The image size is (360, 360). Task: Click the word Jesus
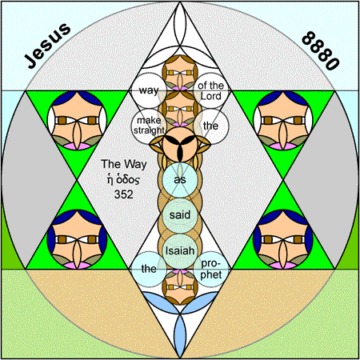coord(47,46)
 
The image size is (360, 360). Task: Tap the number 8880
coord(321,50)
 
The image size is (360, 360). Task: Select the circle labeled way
coord(149,90)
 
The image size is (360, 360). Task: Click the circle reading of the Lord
coord(211,90)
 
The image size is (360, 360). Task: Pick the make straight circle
coord(149,126)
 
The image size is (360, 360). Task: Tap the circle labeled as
coord(180,180)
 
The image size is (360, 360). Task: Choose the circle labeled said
coord(180,215)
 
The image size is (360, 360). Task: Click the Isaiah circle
coord(180,250)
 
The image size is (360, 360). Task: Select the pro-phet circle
coord(211,269)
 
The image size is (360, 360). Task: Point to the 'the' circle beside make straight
coord(211,126)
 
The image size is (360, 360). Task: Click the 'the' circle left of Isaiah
coord(149,269)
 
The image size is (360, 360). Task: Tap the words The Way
coord(124,164)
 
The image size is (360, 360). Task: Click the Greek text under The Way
coord(123,179)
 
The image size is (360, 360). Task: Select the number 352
coord(123,194)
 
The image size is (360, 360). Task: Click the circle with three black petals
coord(180,144)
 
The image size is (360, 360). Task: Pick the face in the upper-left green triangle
coord(77,121)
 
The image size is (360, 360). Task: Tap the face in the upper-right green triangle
coord(283,121)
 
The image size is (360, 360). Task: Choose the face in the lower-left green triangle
coord(77,239)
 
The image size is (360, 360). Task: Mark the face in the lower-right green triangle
coord(283,239)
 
